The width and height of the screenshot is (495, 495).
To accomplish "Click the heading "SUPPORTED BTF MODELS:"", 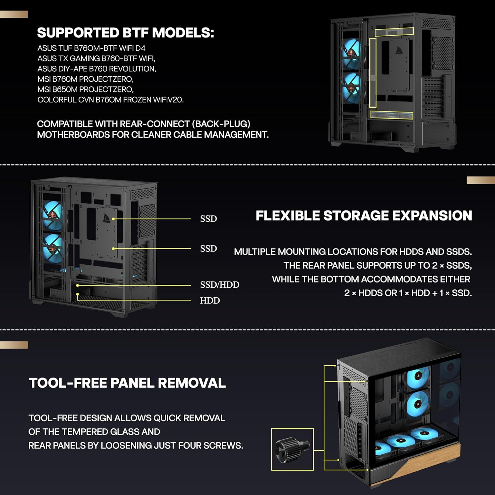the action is [125, 33].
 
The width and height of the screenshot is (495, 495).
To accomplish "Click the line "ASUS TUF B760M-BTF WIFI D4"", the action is [91, 48].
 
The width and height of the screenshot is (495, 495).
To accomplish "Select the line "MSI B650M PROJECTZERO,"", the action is [85, 89].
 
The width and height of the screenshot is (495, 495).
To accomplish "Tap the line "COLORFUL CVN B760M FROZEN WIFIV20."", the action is [111, 100].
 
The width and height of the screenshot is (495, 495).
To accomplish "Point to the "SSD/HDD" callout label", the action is [220, 284].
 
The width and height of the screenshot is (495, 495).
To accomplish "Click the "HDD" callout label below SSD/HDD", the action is [210, 300].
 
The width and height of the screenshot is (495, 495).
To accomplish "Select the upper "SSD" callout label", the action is [209, 218].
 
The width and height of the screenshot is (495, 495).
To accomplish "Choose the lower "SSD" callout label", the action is [209, 248].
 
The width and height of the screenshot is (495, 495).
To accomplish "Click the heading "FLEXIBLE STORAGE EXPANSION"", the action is [364, 215].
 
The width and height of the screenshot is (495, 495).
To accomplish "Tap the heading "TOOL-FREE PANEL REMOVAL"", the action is [127, 383].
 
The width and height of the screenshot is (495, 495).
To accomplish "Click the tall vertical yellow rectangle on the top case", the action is [373, 73].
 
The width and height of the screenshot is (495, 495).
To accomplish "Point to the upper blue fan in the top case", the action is [351, 54].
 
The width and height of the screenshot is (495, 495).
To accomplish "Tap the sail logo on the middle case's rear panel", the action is [106, 218].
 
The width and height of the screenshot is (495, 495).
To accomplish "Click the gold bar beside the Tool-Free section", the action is [14, 345].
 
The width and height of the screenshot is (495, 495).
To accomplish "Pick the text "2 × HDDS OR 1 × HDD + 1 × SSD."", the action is [408, 293].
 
